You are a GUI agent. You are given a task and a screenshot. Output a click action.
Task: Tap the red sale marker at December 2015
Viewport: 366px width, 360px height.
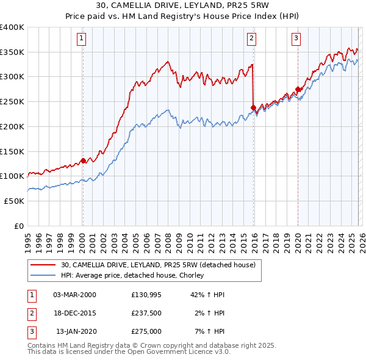[x=253, y=107]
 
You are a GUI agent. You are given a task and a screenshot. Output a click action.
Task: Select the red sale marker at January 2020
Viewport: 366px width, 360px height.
[x=298, y=89]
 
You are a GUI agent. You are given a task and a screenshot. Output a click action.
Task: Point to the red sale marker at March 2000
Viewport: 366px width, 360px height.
[x=83, y=161]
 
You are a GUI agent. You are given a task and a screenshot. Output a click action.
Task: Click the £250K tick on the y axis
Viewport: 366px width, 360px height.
[x=12, y=102]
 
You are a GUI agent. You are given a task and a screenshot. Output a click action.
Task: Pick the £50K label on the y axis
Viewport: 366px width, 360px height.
[x=14, y=201]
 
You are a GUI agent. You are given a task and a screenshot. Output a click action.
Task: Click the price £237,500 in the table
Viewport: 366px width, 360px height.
[x=146, y=313]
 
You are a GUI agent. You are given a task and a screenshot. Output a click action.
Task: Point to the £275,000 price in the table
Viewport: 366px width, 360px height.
[x=146, y=331]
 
